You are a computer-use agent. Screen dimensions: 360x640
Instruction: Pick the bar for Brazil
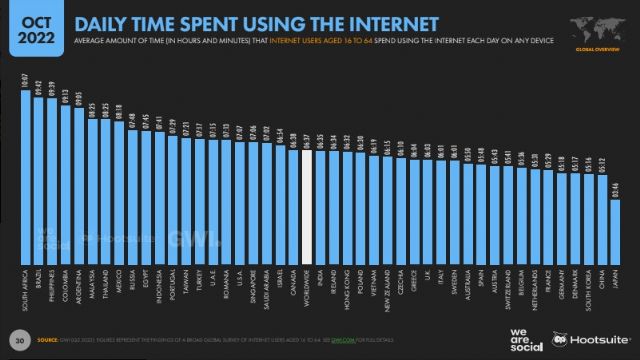point(40,180)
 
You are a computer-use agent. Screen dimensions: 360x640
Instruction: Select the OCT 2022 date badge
point(35,29)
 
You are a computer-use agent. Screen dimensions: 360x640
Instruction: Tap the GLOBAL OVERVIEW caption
point(596,46)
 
